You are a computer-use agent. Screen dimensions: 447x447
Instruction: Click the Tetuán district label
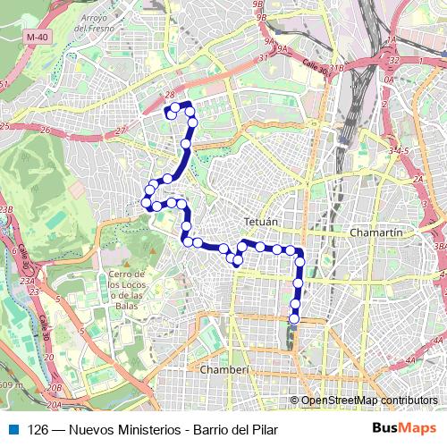[x=261, y=220]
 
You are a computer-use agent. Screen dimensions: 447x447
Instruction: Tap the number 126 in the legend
[x=38, y=428]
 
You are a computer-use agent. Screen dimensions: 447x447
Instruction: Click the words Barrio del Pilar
[x=235, y=428]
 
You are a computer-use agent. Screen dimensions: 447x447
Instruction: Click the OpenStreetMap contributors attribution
[x=368, y=401]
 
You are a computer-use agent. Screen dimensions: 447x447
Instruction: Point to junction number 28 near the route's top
[x=169, y=94]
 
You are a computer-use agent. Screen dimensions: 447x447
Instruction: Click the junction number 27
[x=120, y=131]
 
